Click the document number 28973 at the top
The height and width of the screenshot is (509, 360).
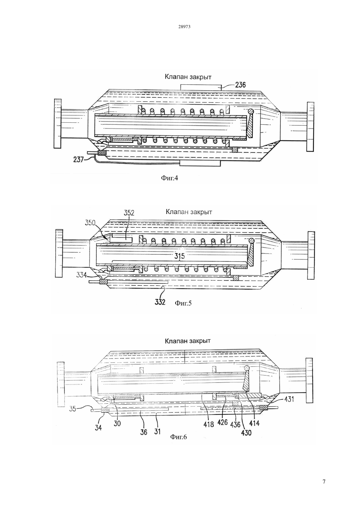point(184,27)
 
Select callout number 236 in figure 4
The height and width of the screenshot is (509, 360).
point(241,85)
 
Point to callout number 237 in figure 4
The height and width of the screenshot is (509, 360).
point(79,160)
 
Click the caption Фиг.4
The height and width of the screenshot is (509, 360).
point(170,178)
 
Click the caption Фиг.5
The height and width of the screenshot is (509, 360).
point(183,303)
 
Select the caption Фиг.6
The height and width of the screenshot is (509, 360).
point(178,437)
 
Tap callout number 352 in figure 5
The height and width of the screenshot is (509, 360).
point(129,213)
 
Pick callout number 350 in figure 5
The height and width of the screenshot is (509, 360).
point(90,223)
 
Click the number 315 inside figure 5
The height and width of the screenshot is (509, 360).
point(180,256)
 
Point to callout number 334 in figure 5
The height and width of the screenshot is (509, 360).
point(81,275)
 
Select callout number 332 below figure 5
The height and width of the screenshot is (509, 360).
point(160,302)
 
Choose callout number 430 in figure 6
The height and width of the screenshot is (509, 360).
point(246,433)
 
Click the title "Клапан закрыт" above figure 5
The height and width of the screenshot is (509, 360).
point(189,212)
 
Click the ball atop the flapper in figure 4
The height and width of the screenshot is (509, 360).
point(250,112)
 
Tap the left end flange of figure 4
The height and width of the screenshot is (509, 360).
point(58,124)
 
